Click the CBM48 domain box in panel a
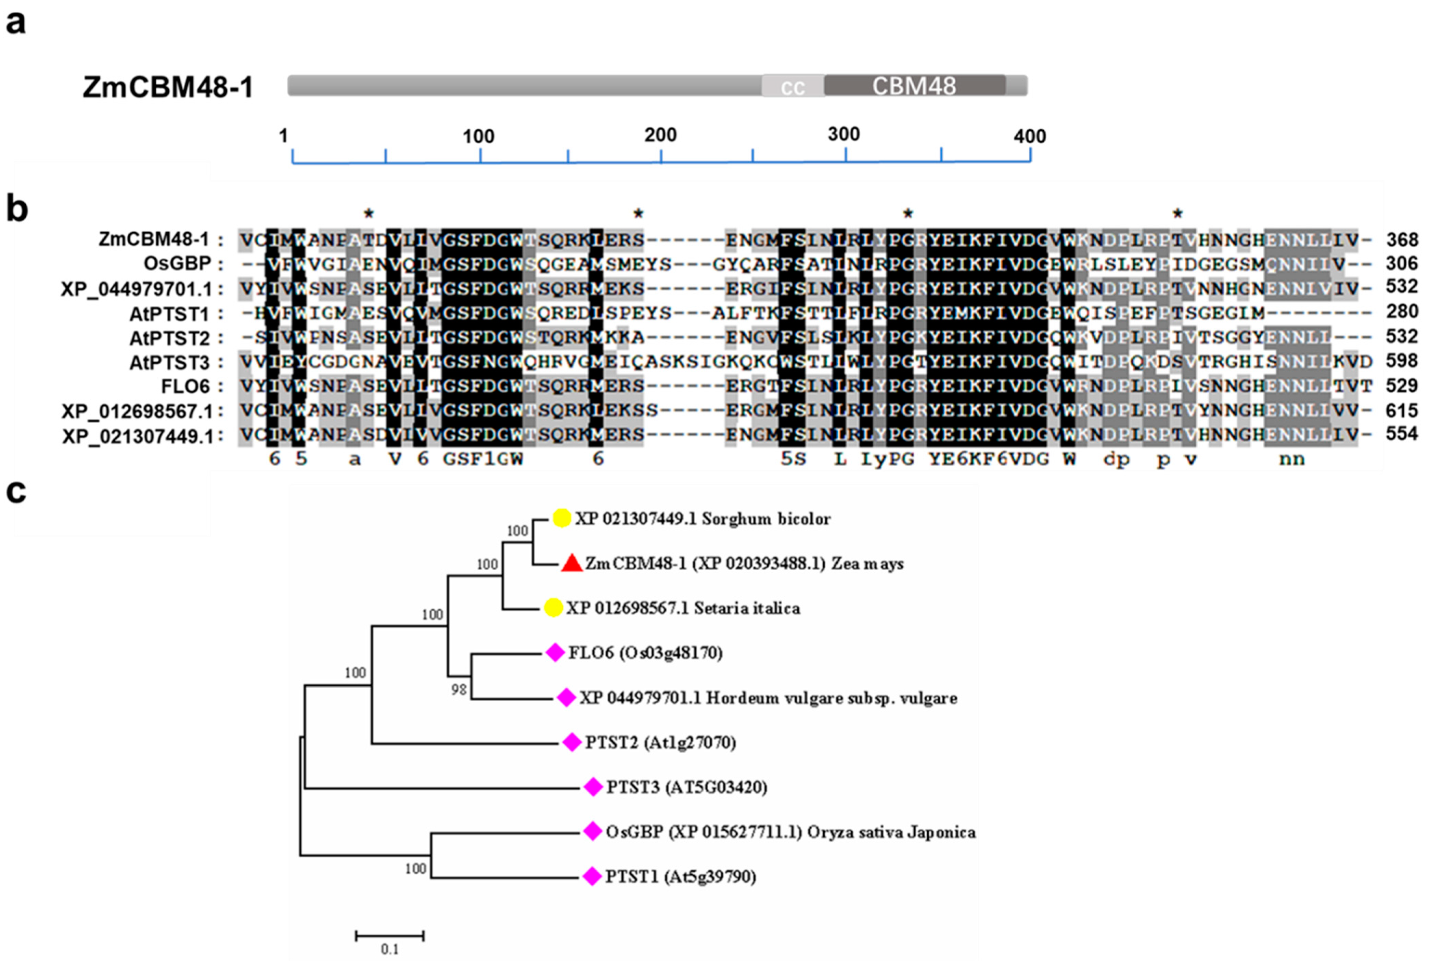914,86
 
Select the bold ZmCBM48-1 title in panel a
168,87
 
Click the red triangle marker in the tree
571,563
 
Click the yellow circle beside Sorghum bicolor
562,519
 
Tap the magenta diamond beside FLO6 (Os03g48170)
555,653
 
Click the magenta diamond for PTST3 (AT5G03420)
593,787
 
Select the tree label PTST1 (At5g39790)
681,877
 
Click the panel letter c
16,492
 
